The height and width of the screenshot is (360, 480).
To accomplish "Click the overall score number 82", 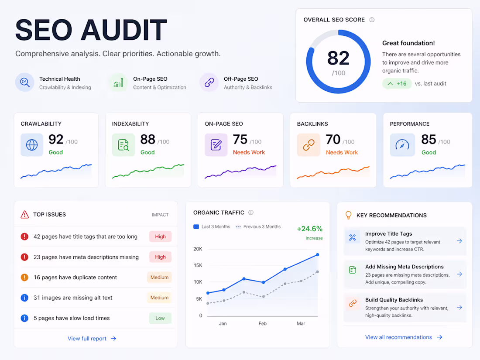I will [338, 58].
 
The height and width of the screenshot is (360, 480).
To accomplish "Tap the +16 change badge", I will [397, 83].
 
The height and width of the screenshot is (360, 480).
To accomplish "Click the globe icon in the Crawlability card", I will [32, 145].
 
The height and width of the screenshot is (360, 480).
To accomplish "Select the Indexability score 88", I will [147, 139].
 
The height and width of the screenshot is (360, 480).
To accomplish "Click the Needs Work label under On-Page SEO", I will [249, 152].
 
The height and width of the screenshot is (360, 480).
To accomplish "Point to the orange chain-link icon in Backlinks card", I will [309, 145].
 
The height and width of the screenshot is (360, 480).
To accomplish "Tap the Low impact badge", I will [160, 318].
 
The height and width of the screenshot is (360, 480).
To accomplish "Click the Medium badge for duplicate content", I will [159, 277].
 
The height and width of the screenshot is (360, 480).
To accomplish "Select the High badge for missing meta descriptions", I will [160, 257].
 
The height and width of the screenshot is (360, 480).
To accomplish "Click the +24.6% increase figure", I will [309, 229].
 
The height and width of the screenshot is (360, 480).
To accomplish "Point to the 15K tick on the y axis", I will [198, 265].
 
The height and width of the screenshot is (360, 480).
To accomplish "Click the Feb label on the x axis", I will [262, 324].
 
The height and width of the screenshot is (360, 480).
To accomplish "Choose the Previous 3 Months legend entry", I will [258, 226].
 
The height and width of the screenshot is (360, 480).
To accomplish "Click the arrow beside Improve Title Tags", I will [459, 241].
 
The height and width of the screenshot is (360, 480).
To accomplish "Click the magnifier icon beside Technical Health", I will [25, 82].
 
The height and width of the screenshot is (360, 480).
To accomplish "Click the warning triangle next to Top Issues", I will [24, 214].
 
